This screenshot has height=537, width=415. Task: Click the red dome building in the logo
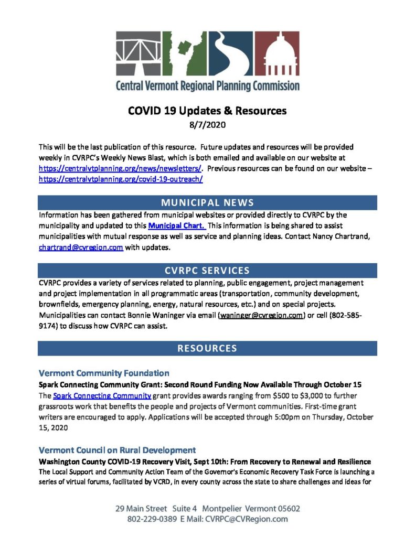click(278, 53)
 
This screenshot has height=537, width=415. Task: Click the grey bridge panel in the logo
click(139, 53)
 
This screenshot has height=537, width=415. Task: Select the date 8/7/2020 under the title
click(207, 125)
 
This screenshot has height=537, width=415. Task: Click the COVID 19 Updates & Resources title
click(207, 111)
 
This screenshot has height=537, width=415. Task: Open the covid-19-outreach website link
click(121, 179)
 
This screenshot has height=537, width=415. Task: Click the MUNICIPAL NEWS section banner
click(207, 202)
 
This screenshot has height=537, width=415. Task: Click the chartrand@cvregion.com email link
click(81, 248)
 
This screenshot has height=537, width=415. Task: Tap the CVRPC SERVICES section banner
click(207, 271)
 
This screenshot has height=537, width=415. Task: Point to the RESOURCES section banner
click(207, 348)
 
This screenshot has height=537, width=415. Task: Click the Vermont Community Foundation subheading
click(104, 373)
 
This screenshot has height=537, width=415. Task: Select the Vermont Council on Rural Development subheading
click(118, 450)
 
